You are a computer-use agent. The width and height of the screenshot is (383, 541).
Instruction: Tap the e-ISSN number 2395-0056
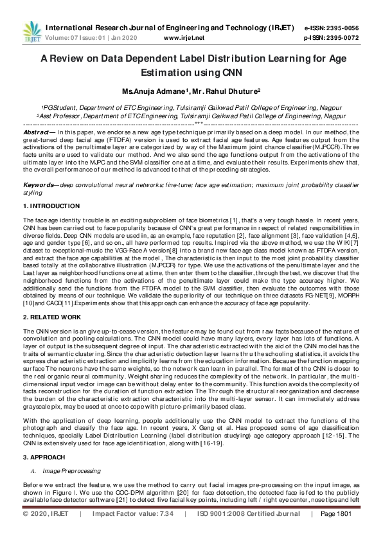(x=341, y=28)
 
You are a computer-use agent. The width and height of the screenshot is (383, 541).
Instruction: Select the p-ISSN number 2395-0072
(x=341, y=38)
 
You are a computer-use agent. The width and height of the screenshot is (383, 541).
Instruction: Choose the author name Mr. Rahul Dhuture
(x=217, y=92)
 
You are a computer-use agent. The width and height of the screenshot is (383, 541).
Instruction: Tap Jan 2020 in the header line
(x=130, y=38)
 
